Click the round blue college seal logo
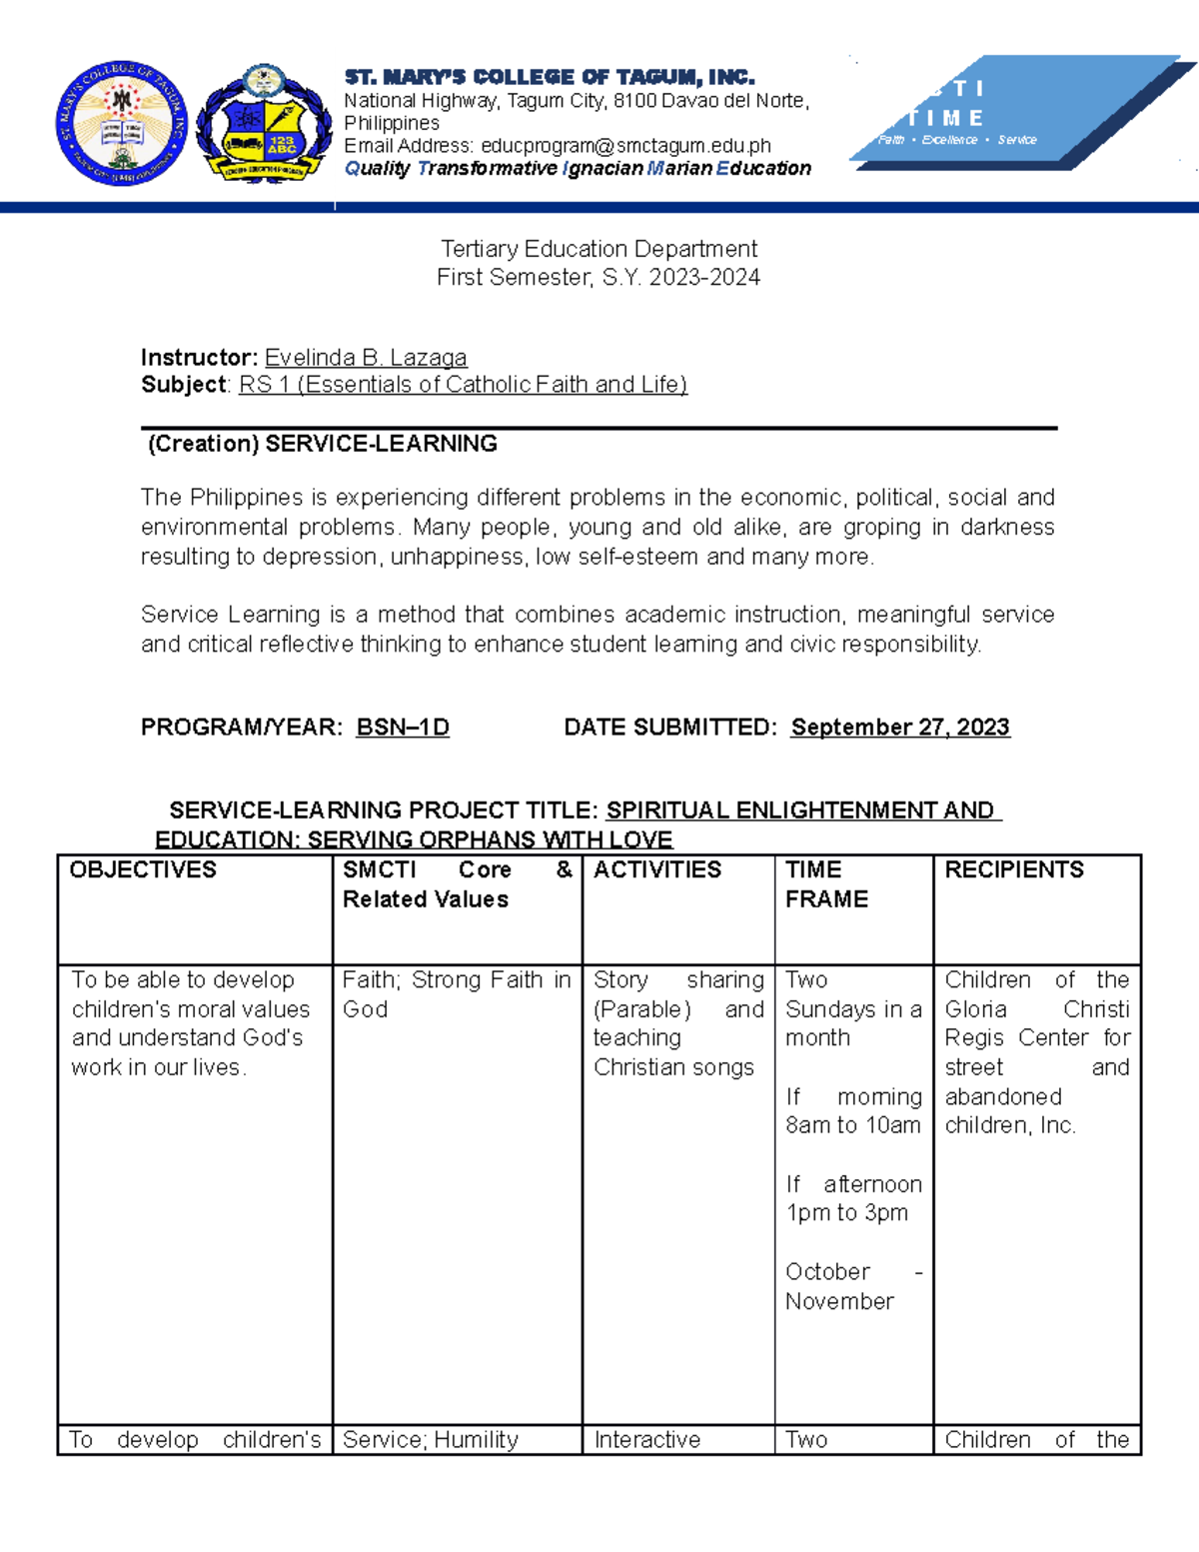(x=121, y=125)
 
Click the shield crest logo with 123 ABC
(x=264, y=125)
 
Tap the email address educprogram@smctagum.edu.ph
(x=625, y=146)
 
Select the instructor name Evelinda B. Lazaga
(x=366, y=358)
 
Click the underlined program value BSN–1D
(x=403, y=728)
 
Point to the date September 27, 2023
(x=900, y=728)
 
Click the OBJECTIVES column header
(x=143, y=870)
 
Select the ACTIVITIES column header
(x=657, y=870)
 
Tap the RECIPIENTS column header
(x=1014, y=870)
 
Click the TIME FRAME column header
(x=826, y=884)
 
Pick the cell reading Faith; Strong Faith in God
(x=457, y=994)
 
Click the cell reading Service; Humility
(x=431, y=1440)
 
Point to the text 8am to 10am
(x=852, y=1125)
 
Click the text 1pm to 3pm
(x=846, y=1213)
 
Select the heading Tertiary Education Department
(x=599, y=249)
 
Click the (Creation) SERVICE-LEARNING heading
(x=323, y=445)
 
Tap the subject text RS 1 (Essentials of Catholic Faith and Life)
(x=463, y=385)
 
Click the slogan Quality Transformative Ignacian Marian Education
(x=578, y=169)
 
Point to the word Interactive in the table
(x=647, y=1440)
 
